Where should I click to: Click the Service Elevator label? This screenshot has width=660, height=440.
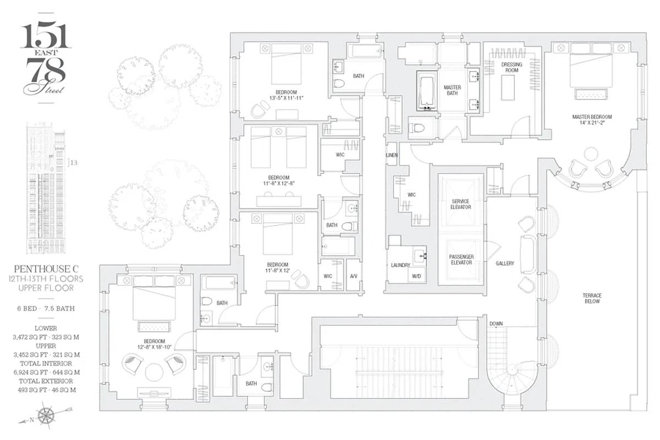click(460, 204)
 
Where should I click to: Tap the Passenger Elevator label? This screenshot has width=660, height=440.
click(460, 260)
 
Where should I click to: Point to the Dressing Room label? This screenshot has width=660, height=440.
click(511, 68)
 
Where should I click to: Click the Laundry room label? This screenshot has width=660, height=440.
click(400, 265)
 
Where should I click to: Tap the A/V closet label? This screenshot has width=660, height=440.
click(354, 276)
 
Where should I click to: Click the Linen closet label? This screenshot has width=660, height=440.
click(392, 156)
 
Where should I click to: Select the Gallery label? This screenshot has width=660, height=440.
click(504, 263)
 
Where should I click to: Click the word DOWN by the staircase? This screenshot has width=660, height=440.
click(496, 323)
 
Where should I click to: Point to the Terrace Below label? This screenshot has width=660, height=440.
click(592, 299)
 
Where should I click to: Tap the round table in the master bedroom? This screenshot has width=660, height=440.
click(591, 155)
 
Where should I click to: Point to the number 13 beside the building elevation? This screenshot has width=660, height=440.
click(74, 163)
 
